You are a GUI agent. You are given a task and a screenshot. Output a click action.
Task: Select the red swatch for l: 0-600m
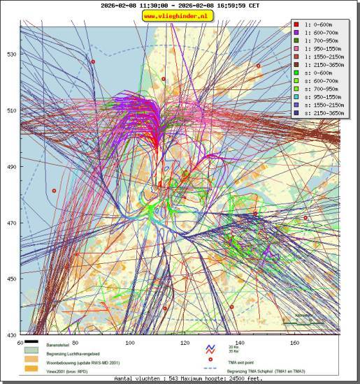point(297,24)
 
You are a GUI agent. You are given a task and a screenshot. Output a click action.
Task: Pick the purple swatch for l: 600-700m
point(297,32)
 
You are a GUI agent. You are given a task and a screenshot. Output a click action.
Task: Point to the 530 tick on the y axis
point(11,54)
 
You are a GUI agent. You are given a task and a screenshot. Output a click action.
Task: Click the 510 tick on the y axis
point(11,110)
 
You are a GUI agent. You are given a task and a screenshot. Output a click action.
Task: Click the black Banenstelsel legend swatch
point(31,344)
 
